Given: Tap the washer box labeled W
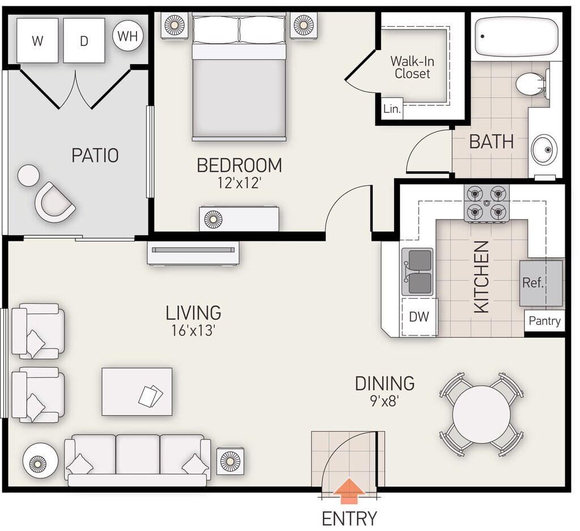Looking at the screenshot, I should click(37, 40).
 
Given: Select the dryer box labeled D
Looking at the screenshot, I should click(84, 40).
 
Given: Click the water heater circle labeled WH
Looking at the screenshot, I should click(127, 37).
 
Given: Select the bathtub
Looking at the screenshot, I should click(516, 36).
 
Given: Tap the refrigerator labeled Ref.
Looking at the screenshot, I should click(541, 283).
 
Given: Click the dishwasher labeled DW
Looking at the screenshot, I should click(419, 317).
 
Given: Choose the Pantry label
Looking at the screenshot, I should click(544, 321).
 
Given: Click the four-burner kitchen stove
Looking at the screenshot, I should click(485, 203).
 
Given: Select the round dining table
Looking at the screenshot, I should click(482, 414).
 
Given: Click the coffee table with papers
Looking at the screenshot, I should click(137, 392).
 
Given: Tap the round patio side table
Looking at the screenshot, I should click(28, 175).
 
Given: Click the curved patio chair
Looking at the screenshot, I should click(55, 202).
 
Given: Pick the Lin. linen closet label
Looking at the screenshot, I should click(392, 109).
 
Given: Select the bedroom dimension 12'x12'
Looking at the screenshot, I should click(240, 183).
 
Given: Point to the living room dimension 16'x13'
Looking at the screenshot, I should click(194, 330).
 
